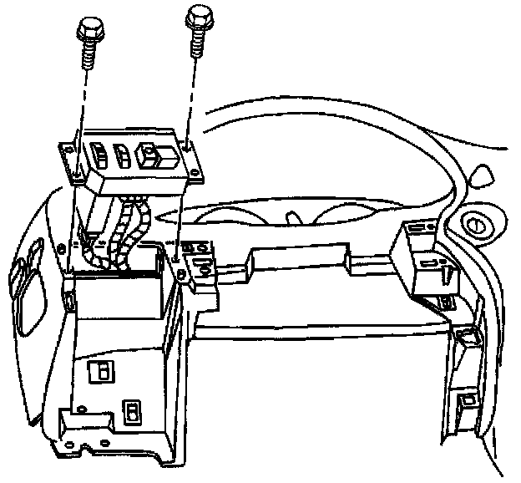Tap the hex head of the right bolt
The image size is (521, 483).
pos(198,15)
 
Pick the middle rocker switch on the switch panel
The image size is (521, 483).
pos(121,155)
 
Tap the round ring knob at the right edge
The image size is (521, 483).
pos(478,225)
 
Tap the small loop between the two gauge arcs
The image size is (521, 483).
pos(293,216)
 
